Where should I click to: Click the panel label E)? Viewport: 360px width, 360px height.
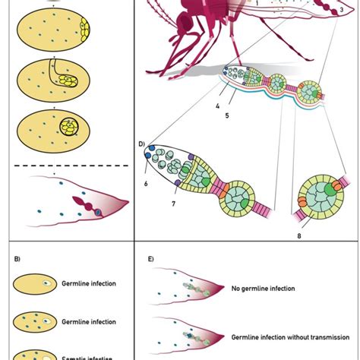point(150,260)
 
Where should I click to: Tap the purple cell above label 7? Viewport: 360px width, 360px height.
point(177,183)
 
